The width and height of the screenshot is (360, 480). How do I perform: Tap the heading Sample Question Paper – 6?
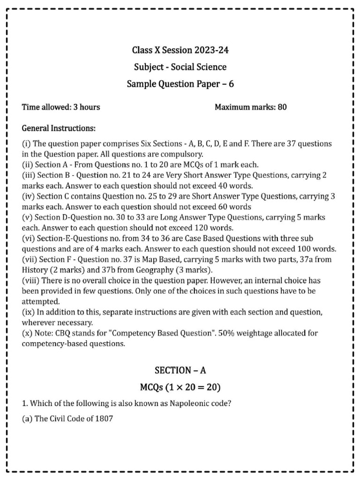point(180,84)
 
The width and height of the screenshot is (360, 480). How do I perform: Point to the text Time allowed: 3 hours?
point(61,107)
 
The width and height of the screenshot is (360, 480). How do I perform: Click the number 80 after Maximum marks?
point(282,107)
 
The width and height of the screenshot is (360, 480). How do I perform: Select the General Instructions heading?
point(59,128)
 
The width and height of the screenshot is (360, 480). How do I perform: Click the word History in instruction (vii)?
point(35,270)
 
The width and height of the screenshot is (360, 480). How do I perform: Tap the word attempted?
point(41,301)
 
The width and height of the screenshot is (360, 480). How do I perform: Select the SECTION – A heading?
point(180,370)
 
